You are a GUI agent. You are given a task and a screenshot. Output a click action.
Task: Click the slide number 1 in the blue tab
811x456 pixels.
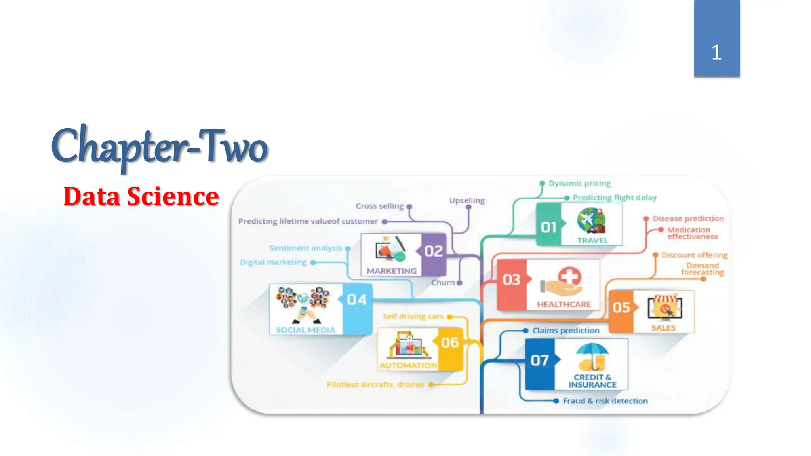716,52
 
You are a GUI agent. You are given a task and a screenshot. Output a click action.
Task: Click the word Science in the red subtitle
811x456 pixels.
172,196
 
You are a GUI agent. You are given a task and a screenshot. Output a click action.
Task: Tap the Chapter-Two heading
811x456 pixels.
160,147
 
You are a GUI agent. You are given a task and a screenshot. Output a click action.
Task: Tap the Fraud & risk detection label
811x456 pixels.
605,401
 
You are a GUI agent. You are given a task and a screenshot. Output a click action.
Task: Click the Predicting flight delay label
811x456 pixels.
615,198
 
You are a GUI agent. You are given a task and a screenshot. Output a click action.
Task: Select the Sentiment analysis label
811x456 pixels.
305,248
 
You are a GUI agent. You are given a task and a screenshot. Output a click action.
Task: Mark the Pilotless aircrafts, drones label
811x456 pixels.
375,384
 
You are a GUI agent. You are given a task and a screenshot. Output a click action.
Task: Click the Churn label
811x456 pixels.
443,283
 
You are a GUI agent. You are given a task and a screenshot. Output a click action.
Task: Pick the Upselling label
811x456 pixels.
467,200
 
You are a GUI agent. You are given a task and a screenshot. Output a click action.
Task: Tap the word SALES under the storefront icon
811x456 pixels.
663,328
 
